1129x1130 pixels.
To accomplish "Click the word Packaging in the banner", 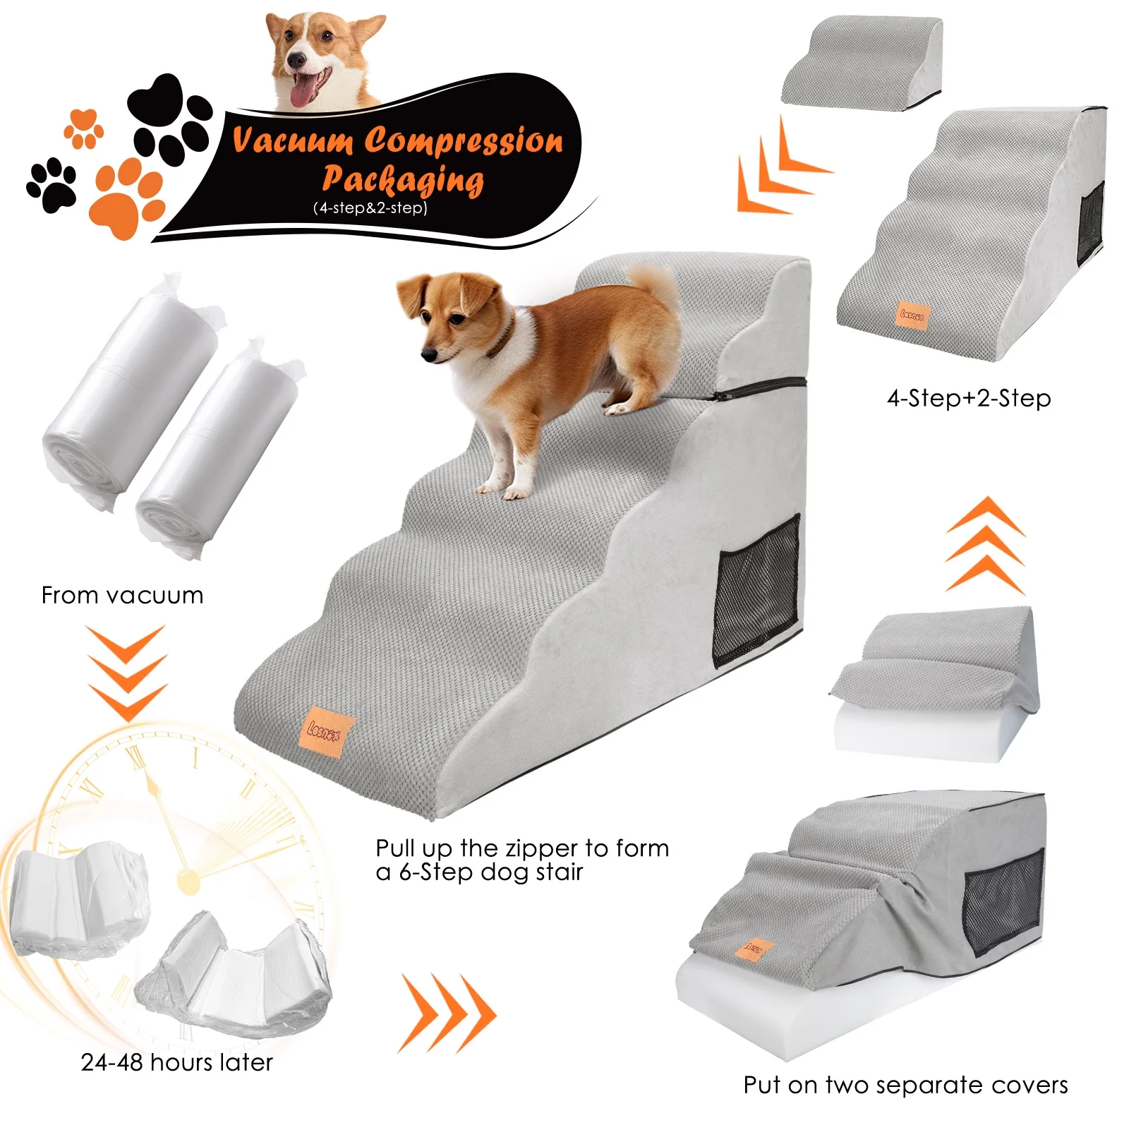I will (x=403, y=179).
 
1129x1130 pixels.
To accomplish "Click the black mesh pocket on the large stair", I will (x=756, y=589).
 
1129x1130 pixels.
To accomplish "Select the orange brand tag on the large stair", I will (x=325, y=732).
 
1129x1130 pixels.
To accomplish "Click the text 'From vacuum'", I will (x=122, y=595).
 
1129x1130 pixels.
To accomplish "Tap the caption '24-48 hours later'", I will (x=176, y=1062).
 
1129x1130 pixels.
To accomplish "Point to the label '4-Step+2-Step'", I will (x=969, y=398).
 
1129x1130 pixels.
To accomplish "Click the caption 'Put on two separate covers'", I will (x=905, y=1085).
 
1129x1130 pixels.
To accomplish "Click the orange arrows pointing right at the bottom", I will (x=447, y=1014).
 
